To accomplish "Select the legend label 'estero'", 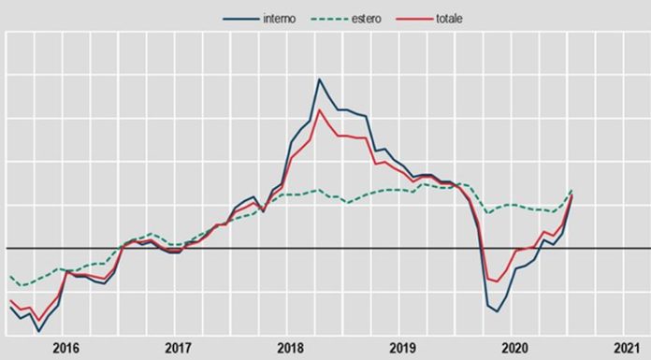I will [371, 19].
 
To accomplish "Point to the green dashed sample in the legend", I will [334, 19].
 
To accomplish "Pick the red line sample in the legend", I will [418, 19].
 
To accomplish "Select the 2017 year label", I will [178, 348].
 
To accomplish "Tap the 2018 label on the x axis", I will [290, 348].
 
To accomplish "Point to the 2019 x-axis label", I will [402, 348].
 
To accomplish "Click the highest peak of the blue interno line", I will [319, 79].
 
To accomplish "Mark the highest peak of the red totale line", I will [320, 110].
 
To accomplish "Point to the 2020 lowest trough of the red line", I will [497, 281].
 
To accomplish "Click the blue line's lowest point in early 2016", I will [38, 331].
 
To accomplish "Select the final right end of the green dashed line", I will [571, 191].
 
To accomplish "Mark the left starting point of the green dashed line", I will [9, 277].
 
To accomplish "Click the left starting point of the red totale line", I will [9, 300].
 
